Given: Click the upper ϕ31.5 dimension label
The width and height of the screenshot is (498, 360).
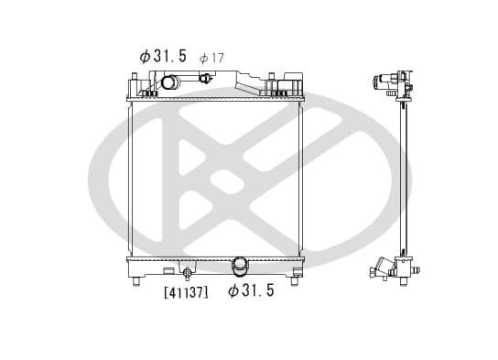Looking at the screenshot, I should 163,56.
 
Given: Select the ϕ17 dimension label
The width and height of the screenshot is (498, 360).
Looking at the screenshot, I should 211,58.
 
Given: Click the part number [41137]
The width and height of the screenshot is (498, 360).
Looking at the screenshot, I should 187,292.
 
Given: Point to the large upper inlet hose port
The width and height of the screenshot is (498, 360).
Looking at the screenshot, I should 169,83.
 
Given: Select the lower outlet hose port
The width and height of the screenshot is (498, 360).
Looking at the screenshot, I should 240,267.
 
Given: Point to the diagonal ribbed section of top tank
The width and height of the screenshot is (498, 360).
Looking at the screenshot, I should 248,84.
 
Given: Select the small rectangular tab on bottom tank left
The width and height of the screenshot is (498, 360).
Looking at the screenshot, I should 168,271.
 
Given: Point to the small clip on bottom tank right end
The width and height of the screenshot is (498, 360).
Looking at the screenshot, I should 280,271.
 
